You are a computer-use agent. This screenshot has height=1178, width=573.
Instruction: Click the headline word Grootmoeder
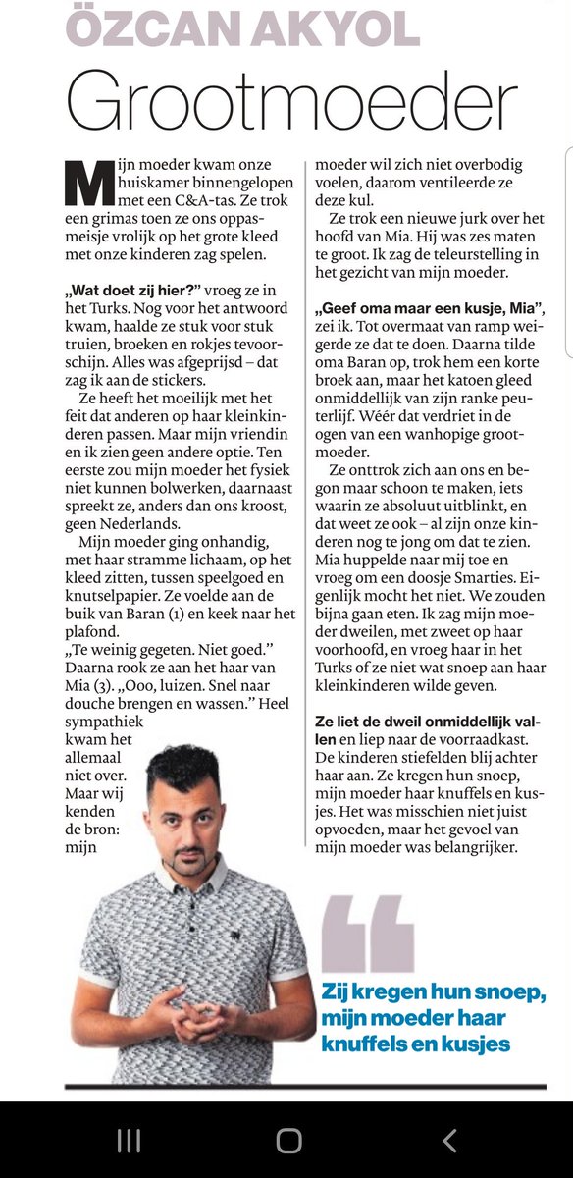click(x=290, y=98)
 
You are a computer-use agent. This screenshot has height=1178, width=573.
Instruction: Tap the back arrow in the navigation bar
click(x=449, y=1139)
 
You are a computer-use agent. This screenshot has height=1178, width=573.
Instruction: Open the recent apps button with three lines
click(x=129, y=1139)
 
